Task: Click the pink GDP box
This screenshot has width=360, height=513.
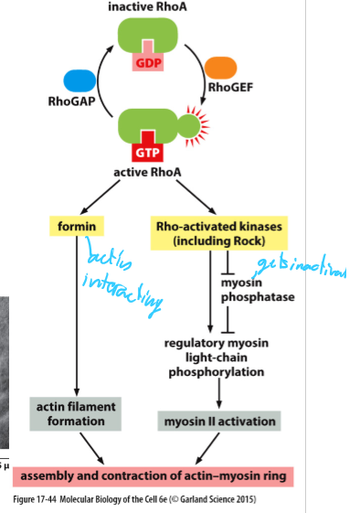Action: point(146,62)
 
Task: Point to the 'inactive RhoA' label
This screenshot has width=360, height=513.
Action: point(145,7)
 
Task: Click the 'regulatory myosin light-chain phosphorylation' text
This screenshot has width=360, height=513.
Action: point(218,358)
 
